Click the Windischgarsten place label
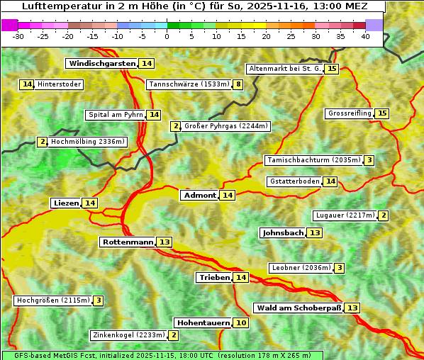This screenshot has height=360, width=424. [x=102, y=64]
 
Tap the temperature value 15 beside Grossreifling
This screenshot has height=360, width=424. [x=382, y=113]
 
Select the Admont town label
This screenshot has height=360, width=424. [x=199, y=196]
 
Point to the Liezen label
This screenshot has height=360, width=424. [x=66, y=203]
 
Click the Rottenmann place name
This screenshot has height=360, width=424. [x=128, y=242]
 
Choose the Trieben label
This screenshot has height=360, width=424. [x=214, y=278]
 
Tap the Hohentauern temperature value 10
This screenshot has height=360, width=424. [x=242, y=323]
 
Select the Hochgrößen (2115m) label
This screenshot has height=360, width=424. [x=53, y=300]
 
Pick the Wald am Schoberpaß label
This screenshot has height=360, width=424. [x=299, y=308]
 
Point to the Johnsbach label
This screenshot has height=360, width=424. [x=283, y=233]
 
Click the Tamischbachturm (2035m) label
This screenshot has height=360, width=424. [x=313, y=160]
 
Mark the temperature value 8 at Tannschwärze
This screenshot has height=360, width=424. [x=238, y=85]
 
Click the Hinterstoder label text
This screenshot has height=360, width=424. [x=60, y=84]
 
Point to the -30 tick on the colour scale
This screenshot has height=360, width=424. [x=18, y=36]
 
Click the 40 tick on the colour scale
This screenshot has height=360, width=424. [x=365, y=36]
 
